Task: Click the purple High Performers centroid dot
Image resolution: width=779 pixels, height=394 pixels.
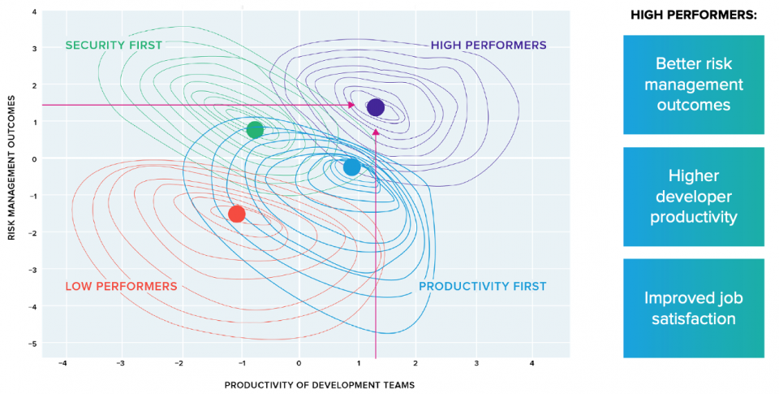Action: (375, 107)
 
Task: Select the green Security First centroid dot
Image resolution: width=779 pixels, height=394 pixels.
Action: (255, 130)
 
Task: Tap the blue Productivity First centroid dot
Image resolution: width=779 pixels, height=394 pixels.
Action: (351, 167)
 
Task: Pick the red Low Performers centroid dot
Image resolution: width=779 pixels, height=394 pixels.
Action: (237, 214)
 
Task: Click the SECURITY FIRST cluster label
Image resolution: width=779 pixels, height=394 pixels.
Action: (114, 45)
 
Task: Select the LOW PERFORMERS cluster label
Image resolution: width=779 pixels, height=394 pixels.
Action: (121, 286)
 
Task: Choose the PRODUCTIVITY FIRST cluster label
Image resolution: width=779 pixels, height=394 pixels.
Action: (482, 286)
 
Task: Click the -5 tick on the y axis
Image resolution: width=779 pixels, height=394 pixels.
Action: (32, 344)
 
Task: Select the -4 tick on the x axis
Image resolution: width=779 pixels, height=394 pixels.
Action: (63, 362)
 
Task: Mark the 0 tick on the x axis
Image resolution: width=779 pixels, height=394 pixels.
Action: (299, 362)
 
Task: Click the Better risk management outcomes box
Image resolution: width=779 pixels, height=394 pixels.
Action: (693, 84)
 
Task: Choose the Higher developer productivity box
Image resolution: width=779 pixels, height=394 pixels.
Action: (693, 197)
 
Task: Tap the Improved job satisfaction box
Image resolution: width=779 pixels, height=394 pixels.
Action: (693, 308)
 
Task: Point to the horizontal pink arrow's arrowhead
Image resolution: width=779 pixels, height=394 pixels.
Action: (351, 105)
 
